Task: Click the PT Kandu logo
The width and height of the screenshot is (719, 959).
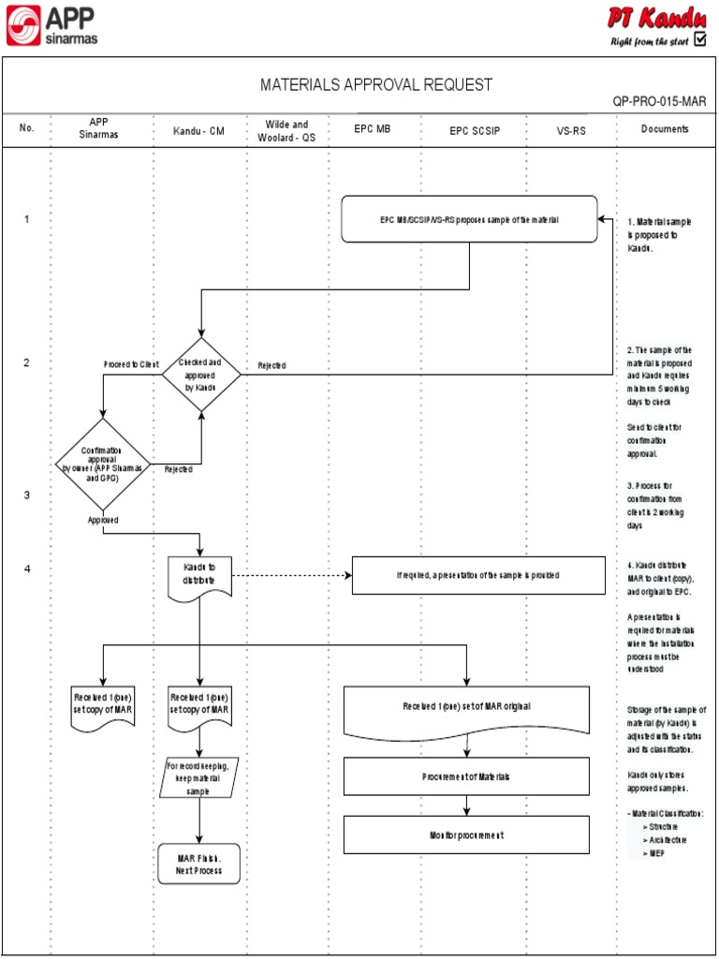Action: pos(654,25)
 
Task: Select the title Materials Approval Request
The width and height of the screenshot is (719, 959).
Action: pos(375,85)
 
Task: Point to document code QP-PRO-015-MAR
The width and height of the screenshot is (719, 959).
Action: pos(659,101)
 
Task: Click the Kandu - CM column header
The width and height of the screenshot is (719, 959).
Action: pos(198,130)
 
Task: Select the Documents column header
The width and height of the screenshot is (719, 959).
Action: pos(665,129)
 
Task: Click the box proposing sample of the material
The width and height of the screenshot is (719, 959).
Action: pos(469,219)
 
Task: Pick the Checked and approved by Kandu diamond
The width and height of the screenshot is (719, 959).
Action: pos(201,373)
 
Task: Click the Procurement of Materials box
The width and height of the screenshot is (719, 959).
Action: pos(466,776)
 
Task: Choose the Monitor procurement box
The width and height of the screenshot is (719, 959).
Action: pos(466,834)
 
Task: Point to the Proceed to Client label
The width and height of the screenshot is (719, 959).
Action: pos(131,364)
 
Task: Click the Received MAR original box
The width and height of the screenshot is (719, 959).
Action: pos(467,710)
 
